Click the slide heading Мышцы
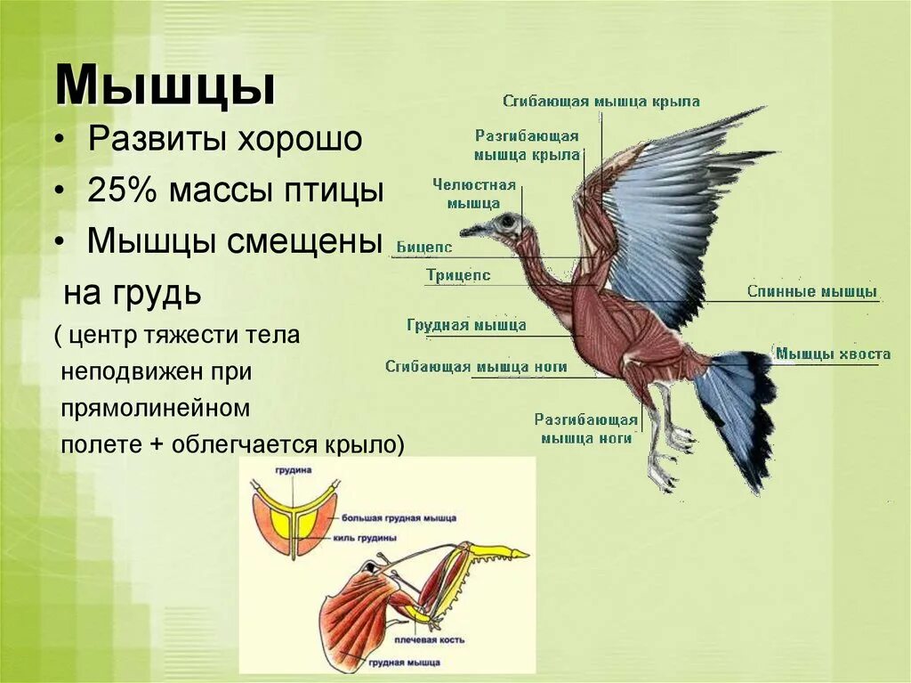pyautogui.click(x=165, y=86)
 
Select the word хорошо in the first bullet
pyautogui.click(x=299, y=140)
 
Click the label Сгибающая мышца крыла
pyautogui.click(x=601, y=101)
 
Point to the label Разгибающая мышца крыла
pyautogui.click(x=527, y=145)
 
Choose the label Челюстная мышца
pyautogui.click(x=474, y=194)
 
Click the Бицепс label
pyautogui.click(x=424, y=248)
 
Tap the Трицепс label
pyautogui.click(x=458, y=276)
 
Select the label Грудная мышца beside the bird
pyautogui.click(x=466, y=326)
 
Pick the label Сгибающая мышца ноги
pyautogui.click(x=476, y=367)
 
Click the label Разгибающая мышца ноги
pyautogui.click(x=585, y=428)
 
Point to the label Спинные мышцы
pyautogui.click(x=811, y=292)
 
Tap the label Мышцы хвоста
pyautogui.click(x=832, y=354)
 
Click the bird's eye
pyautogui.click(x=507, y=221)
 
